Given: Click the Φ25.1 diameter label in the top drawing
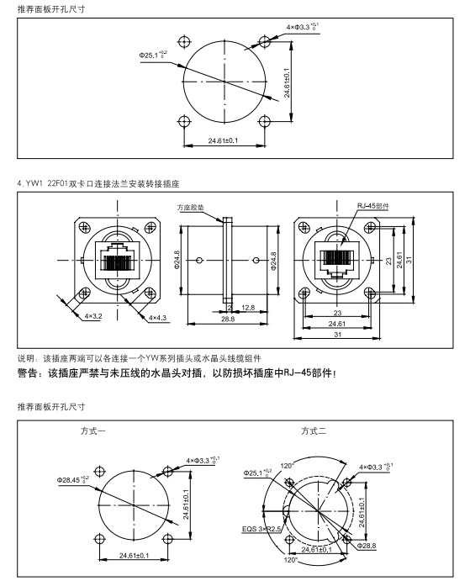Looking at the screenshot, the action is pos(153,55).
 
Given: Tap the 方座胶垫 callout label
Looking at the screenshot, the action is pos(191,208).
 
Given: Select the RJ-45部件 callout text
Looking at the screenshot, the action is pos(372,206).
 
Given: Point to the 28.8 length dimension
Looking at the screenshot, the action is pos(228,319).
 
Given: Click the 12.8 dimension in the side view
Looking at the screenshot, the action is pos(248,308).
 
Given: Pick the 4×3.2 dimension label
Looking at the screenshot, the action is pos(93,316).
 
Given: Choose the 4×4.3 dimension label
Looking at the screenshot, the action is pos(157,318).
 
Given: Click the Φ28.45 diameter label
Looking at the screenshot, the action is pos(72,479).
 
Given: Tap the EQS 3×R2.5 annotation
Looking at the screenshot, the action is pos(261,529).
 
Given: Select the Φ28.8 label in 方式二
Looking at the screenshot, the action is pos(367,546).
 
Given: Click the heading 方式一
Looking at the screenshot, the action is pos(92,431).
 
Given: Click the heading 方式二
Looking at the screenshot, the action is pos(314,431).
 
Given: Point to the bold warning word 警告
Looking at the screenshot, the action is pos(28,373).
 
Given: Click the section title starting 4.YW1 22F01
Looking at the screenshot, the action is pos(98,183).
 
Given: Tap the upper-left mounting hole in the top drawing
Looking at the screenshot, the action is pos(184,41).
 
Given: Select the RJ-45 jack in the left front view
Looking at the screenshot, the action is pos(118,260).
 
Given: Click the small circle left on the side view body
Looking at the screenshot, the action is pos(199,260).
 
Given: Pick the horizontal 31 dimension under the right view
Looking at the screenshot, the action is pos(337,335).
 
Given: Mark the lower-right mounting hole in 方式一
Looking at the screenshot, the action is pos(168,538).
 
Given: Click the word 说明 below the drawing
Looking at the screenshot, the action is pos(25,358).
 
